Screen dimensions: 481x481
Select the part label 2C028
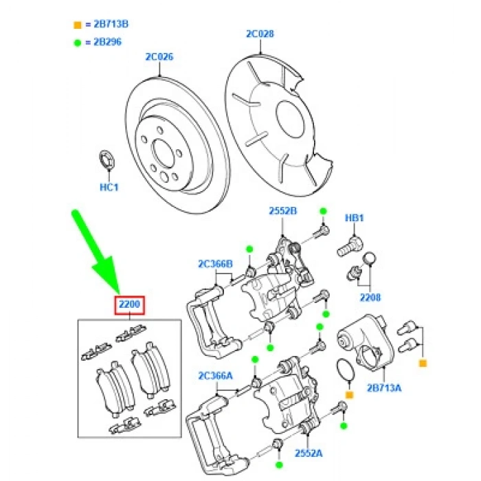click(x=260, y=33)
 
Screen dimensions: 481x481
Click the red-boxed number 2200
click(x=129, y=304)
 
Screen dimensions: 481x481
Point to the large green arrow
click(x=96, y=254)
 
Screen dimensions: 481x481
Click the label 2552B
click(x=283, y=212)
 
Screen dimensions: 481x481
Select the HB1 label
click(x=354, y=219)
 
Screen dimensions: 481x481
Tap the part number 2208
click(x=370, y=298)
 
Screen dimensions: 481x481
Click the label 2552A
click(x=308, y=454)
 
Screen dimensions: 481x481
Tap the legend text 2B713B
click(x=109, y=25)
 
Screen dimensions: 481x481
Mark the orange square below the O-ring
click(x=349, y=396)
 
